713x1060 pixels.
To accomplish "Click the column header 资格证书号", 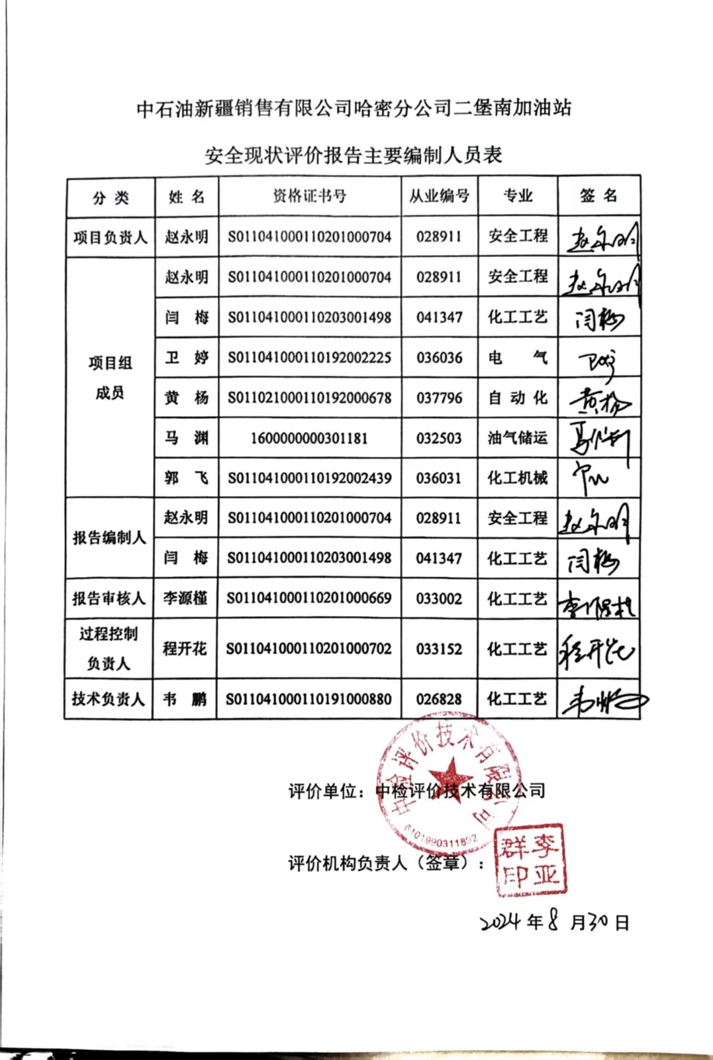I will [309, 196].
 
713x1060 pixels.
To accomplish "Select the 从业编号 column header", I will [439, 196].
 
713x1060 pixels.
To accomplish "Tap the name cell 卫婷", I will [186, 358].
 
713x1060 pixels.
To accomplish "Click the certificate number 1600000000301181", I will [309, 438].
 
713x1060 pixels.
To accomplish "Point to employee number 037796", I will [439, 398].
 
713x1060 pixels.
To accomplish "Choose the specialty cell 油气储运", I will [518, 438].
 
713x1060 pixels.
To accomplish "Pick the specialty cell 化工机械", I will [518, 478].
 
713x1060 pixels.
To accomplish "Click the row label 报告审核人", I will [109, 598].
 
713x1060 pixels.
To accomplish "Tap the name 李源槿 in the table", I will [185, 598].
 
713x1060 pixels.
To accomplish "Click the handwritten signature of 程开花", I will [596, 649].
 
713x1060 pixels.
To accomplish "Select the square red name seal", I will [530, 859].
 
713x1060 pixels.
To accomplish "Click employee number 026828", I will [439, 699].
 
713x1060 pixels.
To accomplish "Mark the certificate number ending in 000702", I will [309, 649].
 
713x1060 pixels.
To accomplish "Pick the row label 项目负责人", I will [110, 237].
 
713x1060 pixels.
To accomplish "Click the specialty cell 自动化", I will [518, 398].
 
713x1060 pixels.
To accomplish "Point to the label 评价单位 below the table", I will [323, 791].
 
